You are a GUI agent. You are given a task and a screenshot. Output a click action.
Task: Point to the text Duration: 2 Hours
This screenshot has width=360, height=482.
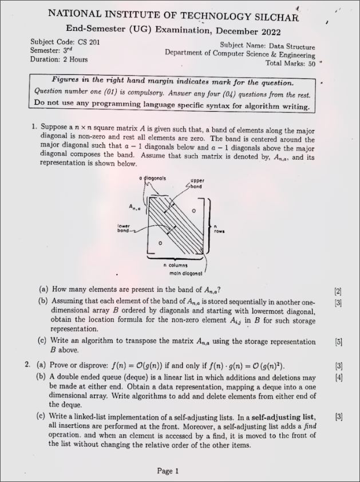pyautogui.click(x=59, y=59)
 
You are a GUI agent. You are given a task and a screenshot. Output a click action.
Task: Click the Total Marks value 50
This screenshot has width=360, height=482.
pyautogui.click(x=311, y=64)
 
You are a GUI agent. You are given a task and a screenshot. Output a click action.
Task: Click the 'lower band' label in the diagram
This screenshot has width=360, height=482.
pyautogui.click(x=124, y=228)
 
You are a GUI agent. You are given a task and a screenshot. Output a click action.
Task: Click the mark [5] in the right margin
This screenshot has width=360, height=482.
pyautogui.click(x=338, y=342)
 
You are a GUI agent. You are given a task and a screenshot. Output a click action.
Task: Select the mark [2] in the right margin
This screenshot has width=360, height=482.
pyautogui.click(x=338, y=291)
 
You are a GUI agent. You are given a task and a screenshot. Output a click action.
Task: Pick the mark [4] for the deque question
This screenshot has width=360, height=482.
pyautogui.click(x=338, y=377)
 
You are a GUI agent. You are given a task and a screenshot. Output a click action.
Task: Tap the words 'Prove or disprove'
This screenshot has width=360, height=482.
pyautogui.click(x=80, y=365)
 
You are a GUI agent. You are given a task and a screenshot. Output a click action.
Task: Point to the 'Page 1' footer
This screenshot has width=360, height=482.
pyautogui.click(x=168, y=471)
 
